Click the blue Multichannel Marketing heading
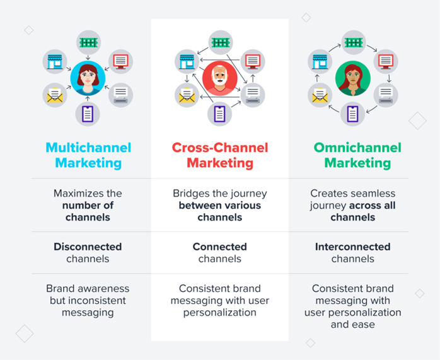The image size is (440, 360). click(x=88, y=155)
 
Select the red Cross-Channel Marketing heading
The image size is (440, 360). click(x=221, y=155)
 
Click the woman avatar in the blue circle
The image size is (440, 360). click(x=88, y=78)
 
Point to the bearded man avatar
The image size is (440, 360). click(x=221, y=78)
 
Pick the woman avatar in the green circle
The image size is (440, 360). click(x=354, y=78)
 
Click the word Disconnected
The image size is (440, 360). click(x=88, y=247)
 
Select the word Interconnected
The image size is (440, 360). click(x=353, y=247)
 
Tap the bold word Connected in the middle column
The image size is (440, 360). click(x=220, y=247)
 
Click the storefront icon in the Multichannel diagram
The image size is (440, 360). click(x=55, y=61)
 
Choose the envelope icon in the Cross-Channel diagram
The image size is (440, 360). click(x=187, y=96)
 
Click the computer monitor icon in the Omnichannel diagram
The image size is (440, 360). click(x=386, y=61)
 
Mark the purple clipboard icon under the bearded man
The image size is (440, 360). click(x=220, y=114)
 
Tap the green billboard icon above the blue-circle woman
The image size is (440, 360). click(x=88, y=42)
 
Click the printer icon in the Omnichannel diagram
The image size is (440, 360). click(x=386, y=95)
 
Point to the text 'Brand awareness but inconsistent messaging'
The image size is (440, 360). click(x=88, y=301)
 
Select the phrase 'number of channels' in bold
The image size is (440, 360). click(x=88, y=211)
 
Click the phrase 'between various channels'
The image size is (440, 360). click(x=220, y=211)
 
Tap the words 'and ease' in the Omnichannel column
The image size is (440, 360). click(x=353, y=325)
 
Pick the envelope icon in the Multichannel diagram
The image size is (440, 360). click(x=55, y=96)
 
